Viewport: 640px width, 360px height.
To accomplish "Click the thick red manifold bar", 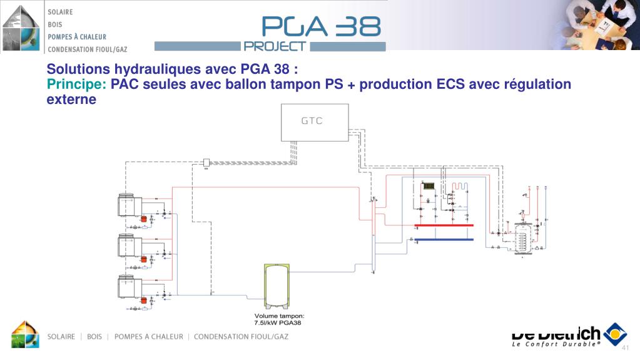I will tap(444, 225).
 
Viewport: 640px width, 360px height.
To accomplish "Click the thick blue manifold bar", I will tap(444, 239).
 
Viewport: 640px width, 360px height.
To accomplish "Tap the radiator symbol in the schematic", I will tap(429, 186).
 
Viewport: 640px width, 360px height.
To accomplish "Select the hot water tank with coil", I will tap(522, 238).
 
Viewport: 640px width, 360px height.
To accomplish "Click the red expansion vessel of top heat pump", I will tap(143, 219).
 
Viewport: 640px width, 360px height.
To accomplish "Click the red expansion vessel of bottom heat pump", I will tap(143, 301).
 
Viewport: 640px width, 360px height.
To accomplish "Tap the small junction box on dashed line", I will tap(205, 162).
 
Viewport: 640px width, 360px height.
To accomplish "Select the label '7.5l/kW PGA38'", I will tap(278, 323).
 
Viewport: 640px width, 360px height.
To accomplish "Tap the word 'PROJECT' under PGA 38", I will tap(275, 46).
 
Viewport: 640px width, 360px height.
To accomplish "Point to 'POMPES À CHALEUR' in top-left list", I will tap(77, 36).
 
